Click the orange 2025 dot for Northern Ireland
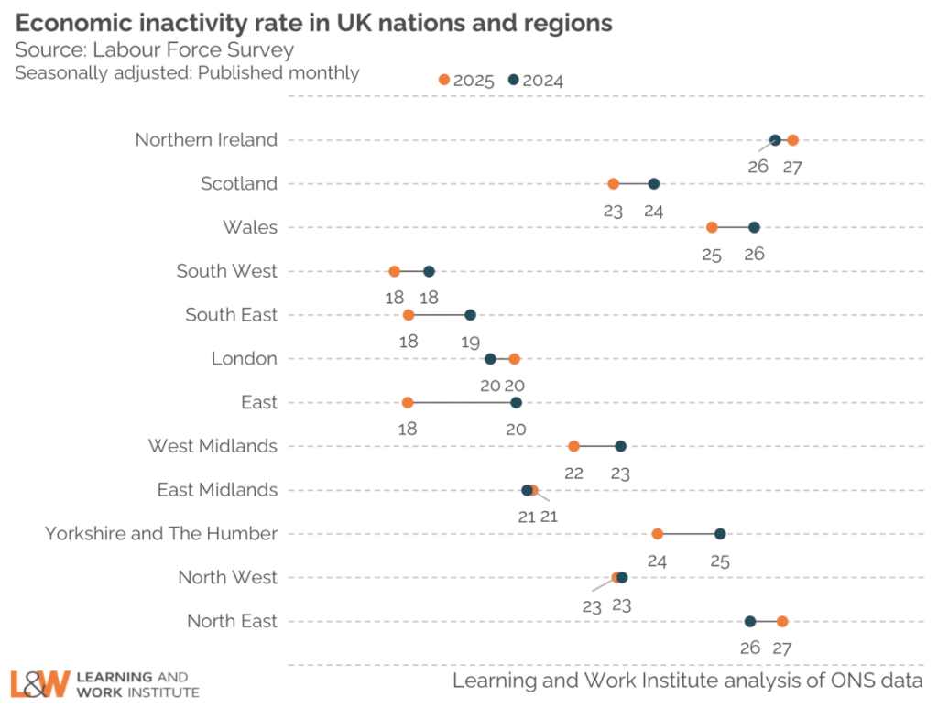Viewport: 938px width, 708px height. click(792, 140)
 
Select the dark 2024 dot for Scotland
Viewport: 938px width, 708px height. click(653, 184)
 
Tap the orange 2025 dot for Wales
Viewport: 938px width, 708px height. click(712, 227)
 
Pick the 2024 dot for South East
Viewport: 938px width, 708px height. click(470, 315)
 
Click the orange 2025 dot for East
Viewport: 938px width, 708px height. click(408, 402)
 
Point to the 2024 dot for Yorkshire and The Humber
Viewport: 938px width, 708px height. click(720, 534)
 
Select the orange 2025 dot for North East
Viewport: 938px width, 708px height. click(782, 621)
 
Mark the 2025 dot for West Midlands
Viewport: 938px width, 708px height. click(573, 446)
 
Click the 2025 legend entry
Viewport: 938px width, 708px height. click(467, 81)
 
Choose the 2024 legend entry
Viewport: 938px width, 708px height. click(536, 81)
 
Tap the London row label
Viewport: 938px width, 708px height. click(244, 358)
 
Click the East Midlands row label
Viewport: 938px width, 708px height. click(217, 490)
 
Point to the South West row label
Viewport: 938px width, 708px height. click(226, 271)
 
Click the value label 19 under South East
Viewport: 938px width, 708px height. click(470, 343)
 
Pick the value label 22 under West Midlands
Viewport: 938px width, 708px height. click(573, 474)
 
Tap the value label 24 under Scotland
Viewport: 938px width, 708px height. click(653, 212)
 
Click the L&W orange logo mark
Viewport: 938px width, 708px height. click(40, 683)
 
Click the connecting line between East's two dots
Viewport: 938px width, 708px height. click(462, 402)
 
